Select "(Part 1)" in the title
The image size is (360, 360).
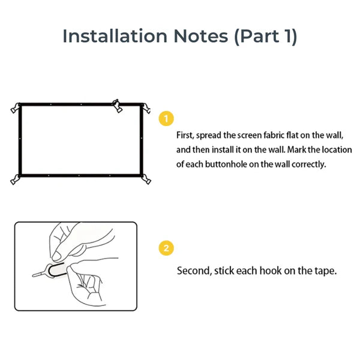pyautogui.click(x=265, y=36)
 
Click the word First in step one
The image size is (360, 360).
pyautogui.click(x=185, y=136)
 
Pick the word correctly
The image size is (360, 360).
pyautogui.click(x=309, y=164)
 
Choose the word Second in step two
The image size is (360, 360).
pyautogui.click(x=192, y=271)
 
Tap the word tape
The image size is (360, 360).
pyautogui.click(x=325, y=271)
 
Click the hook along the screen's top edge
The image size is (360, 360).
pyautogui.click(x=118, y=106)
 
